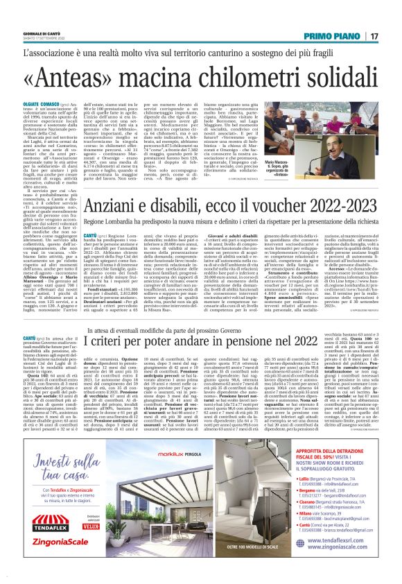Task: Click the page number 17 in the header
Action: [374, 36]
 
